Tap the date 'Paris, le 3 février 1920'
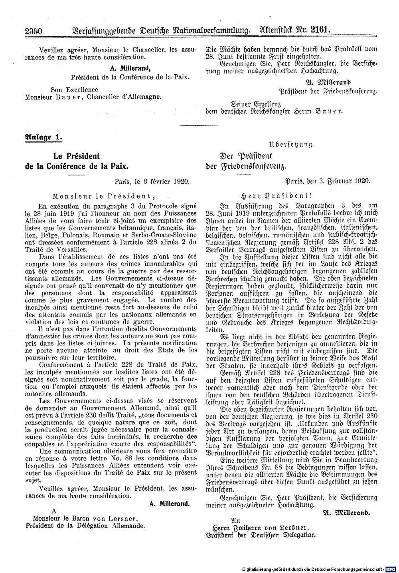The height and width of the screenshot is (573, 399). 151,181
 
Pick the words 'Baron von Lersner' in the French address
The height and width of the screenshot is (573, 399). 111,518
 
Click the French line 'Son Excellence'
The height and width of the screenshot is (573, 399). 75,90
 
